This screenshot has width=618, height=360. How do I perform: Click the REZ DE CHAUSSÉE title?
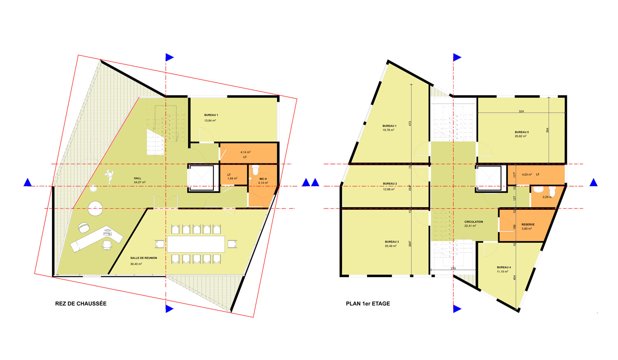[81, 304]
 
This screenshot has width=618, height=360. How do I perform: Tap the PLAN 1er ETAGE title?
[368, 304]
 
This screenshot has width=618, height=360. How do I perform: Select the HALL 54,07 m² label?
[139, 180]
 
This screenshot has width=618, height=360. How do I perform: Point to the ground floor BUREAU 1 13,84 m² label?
[211, 118]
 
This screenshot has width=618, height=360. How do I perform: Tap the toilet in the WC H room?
[256, 170]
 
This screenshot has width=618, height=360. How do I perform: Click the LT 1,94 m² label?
[232, 177]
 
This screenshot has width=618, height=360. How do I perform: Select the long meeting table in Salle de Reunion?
[196, 244]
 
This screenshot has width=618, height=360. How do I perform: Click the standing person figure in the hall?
[109, 176]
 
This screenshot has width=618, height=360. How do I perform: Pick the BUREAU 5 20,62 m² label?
[521, 134]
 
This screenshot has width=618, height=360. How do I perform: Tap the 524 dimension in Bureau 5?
[521, 112]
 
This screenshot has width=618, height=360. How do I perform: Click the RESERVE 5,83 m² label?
[527, 227]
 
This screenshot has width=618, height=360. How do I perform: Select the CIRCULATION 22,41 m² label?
[473, 224]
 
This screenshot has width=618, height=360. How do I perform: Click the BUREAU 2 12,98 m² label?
[389, 186]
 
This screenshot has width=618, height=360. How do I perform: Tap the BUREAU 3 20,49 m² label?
[391, 244]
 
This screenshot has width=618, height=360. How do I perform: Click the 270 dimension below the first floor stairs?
[453, 269]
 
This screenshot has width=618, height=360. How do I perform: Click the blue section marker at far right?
[593, 182]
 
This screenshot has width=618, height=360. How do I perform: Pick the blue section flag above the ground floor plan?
[169, 57]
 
